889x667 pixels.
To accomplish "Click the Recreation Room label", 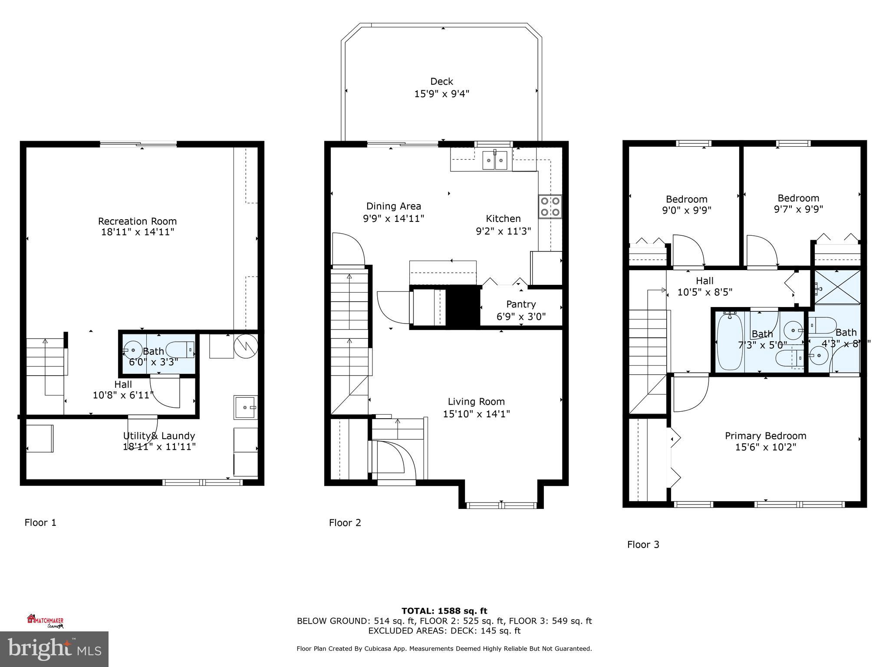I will [x=137, y=221].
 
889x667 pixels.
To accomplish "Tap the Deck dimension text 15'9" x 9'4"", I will [x=441, y=94].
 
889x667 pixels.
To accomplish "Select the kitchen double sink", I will [x=495, y=161].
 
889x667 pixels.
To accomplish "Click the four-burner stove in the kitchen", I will [x=550, y=207].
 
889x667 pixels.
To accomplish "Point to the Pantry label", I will [x=520, y=304].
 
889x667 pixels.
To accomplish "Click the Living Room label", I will [x=476, y=402].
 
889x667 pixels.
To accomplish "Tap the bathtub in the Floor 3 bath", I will [x=730, y=342].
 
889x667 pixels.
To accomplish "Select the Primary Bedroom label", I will [x=765, y=436].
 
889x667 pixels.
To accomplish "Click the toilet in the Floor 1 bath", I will [x=180, y=350].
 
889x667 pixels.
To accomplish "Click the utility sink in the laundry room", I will [x=245, y=407].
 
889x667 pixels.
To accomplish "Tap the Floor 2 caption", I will [x=345, y=523].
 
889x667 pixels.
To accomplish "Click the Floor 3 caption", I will [x=643, y=545].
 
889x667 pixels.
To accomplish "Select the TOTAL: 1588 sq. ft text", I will [x=444, y=611].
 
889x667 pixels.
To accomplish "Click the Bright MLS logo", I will [x=54, y=649].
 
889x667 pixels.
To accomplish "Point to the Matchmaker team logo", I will [x=45, y=621].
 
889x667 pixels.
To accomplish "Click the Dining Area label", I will [x=393, y=206].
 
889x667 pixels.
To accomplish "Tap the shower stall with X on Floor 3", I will [x=836, y=287].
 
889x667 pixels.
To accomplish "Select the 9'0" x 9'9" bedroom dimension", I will [x=686, y=211].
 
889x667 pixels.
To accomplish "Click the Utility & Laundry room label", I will [x=159, y=436].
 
